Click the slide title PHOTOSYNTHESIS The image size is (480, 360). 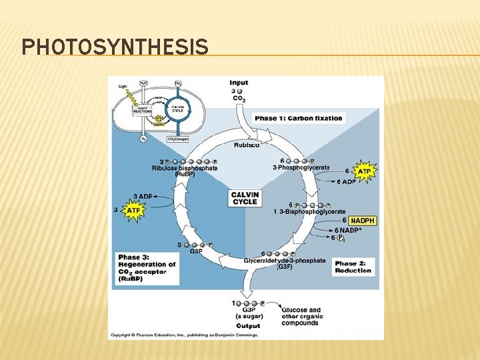115,47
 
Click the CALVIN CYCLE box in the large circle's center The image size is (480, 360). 245,198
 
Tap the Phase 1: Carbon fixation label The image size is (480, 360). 298,119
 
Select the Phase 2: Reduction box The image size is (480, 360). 353,267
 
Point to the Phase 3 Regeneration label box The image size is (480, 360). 147,268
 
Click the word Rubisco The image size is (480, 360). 247,145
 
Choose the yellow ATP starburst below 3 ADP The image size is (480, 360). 134,211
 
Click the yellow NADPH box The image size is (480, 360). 362,220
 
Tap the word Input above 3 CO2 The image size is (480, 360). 239,83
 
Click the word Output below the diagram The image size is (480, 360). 248,326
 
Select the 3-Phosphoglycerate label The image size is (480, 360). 301,167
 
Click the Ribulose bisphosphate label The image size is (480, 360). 185,168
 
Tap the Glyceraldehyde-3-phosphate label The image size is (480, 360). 285,261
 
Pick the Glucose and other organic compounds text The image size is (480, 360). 301,316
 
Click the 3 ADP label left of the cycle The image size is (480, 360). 143,196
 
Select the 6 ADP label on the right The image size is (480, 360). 345,182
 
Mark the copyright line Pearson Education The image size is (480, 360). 184,335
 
